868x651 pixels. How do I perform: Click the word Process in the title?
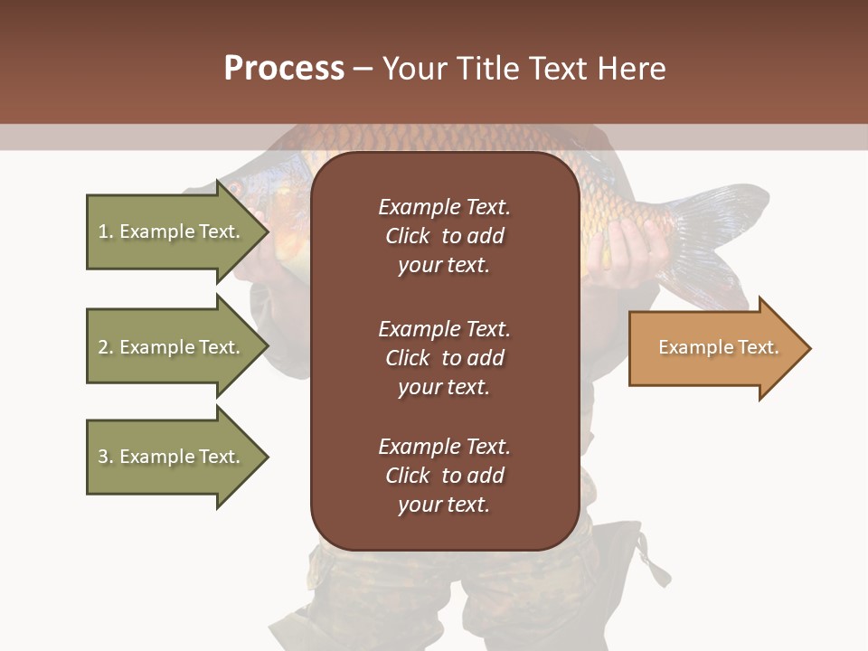pyautogui.click(x=284, y=69)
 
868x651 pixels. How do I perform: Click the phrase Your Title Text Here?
pyautogui.click(x=524, y=69)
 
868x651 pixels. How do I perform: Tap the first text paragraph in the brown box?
pyautogui.click(x=444, y=236)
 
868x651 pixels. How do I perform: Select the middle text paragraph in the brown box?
pyautogui.click(x=444, y=358)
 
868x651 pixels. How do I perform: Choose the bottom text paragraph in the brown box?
pyautogui.click(x=444, y=476)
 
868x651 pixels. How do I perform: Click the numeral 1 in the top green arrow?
pyautogui.click(x=103, y=231)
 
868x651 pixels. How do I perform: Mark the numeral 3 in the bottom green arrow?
pyautogui.click(x=103, y=457)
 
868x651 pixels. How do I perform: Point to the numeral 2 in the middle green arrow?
pyautogui.click(x=103, y=347)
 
